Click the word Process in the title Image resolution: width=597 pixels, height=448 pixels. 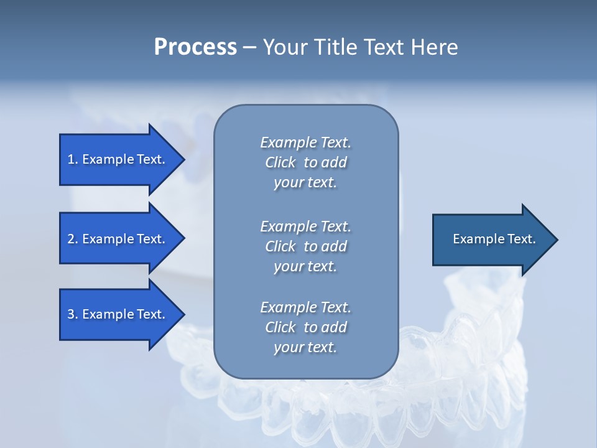click(195, 47)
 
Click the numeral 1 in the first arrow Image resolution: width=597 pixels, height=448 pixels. click(71, 159)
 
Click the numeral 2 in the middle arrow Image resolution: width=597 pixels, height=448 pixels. click(71, 239)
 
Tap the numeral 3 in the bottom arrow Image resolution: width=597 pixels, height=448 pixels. click(71, 314)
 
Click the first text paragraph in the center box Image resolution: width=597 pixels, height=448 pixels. click(305, 162)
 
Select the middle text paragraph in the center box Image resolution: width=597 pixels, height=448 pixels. click(305, 246)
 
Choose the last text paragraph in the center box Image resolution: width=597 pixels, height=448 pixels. click(305, 327)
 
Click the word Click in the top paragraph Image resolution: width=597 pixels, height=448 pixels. click(280, 162)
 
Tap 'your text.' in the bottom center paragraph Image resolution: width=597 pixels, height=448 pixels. click(305, 347)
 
